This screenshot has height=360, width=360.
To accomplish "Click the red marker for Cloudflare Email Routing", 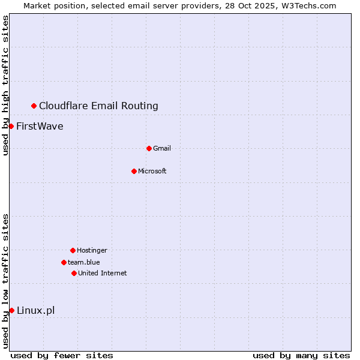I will [34, 106].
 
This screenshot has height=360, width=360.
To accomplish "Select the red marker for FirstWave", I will [11, 126].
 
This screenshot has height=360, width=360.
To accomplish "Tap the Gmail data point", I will [149, 148].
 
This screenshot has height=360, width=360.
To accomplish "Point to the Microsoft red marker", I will [134, 171].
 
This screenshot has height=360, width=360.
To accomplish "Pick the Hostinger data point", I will [73, 250].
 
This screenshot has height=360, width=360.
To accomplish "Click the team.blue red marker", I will [64, 262].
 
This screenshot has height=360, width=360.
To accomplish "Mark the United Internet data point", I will [74, 273].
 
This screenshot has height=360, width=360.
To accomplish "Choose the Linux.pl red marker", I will [11, 310].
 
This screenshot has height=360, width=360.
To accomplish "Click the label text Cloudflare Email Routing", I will [98, 106].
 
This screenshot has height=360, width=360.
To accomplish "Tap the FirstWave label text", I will [40, 126].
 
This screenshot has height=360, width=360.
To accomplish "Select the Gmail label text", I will [162, 148].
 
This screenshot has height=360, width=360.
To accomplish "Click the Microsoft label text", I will [152, 171].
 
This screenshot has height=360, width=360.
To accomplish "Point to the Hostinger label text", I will [92, 250].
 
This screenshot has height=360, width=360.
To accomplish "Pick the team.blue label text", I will [84, 262].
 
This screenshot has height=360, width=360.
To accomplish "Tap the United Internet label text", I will [102, 273].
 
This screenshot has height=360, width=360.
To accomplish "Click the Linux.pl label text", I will [35, 310].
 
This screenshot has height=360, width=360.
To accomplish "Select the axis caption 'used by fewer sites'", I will [62, 355].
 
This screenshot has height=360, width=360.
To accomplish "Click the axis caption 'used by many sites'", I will [301, 355].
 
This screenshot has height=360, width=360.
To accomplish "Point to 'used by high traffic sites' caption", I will [5, 85].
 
